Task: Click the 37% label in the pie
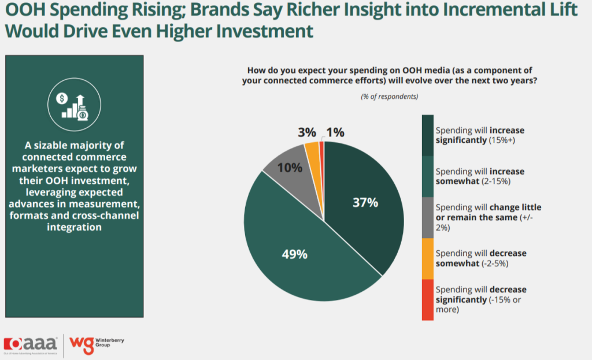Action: (x=365, y=202)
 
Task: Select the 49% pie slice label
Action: (x=294, y=254)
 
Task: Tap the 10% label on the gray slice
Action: (x=290, y=168)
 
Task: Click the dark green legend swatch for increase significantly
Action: (x=428, y=135)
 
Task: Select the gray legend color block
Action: (x=428, y=217)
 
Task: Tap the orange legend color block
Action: (x=428, y=258)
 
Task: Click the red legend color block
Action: (x=428, y=299)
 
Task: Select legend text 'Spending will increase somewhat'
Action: (x=479, y=176)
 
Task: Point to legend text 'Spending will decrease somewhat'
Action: (x=480, y=258)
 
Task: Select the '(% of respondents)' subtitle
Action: (x=389, y=96)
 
